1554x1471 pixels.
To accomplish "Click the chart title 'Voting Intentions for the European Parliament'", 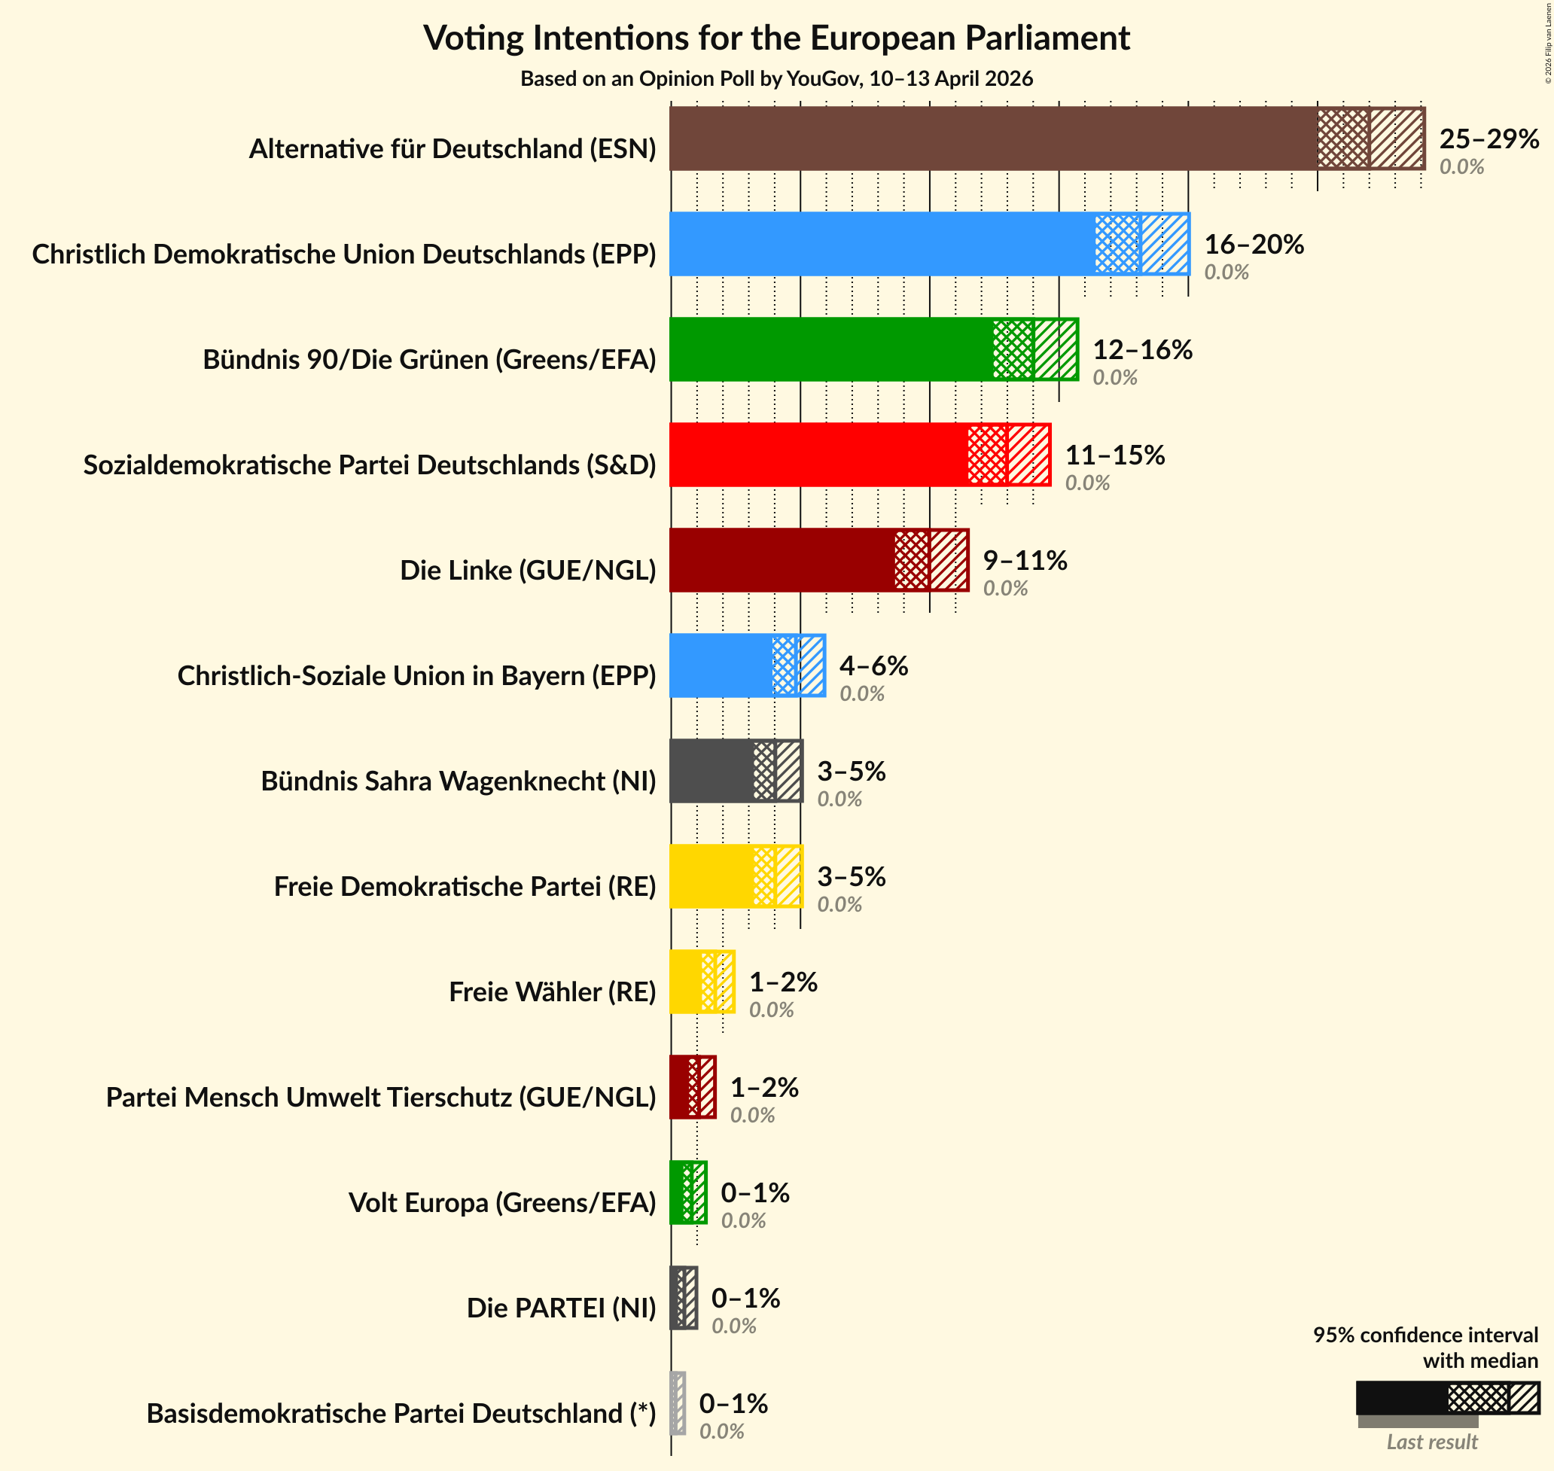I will click(x=776, y=38).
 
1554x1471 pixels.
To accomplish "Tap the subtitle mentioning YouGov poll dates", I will click(x=776, y=78).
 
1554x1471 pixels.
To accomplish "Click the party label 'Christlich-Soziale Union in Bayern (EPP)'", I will click(x=416, y=675).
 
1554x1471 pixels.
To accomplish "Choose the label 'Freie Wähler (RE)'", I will click(x=552, y=992).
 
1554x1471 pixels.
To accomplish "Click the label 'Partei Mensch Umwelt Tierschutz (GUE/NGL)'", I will click(x=381, y=1097).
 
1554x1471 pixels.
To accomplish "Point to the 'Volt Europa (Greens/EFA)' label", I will click(x=501, y=1202).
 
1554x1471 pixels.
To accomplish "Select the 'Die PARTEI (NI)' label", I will click(x=562, y=1307).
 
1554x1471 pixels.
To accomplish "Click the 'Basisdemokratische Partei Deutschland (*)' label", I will click(x=401, y=1413).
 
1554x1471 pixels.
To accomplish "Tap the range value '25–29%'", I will click(x=1489, y=139).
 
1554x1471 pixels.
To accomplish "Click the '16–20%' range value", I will click(x=1254, y=244).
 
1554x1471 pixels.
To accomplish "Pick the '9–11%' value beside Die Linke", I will click(x=1025, y=560).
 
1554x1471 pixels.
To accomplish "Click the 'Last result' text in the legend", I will click(x=1432, y=1441).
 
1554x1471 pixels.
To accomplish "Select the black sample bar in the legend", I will click(x=1402, y=1398).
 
